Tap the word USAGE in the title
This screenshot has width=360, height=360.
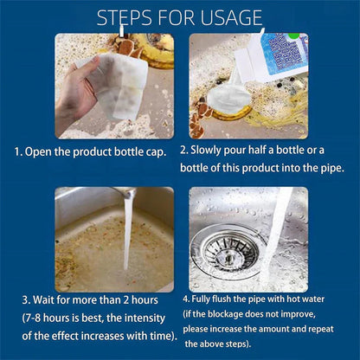226,17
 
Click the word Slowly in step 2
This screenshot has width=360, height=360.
211,150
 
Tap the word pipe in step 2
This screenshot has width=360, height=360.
320,165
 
